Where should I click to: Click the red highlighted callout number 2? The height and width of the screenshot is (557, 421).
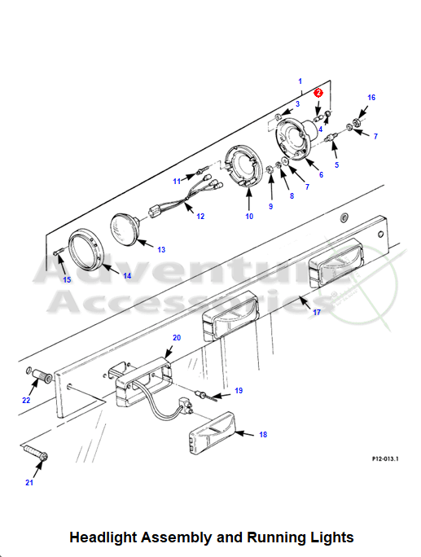coord(318,93)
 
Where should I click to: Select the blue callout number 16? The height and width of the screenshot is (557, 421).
coord(371,98)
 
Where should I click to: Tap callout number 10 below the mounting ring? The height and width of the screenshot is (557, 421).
coord(249,216)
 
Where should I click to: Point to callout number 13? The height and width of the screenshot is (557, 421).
coord(161,250)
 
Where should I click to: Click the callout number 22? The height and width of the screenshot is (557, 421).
coord(26,400)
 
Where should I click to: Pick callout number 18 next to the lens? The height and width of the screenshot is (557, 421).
coord(263,434)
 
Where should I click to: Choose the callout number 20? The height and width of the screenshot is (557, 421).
coord(177,337)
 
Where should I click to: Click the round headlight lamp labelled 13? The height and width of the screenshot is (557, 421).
coord(125,230)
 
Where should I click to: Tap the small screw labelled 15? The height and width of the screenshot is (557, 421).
coord(59,252)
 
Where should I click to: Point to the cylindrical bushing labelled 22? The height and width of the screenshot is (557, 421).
coord(42,376)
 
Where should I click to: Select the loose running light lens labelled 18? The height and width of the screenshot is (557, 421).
coord(213,432)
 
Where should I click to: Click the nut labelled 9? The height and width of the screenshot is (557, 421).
coord(270,168)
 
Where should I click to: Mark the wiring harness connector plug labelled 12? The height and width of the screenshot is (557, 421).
coord(155,212)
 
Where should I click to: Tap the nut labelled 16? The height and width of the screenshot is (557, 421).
coord(357,122)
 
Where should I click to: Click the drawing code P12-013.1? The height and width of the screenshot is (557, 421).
coord(385,458)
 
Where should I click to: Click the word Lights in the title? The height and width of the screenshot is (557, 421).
coord(332,537)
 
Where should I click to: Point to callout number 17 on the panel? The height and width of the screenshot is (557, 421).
coord(316,312)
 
